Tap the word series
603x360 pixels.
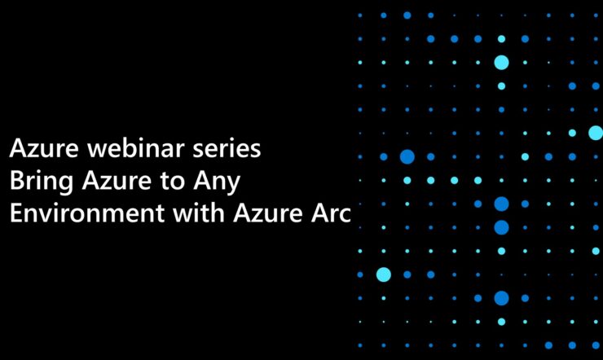point(227,148)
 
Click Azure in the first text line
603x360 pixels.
point(44,148)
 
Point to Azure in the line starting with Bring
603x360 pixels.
point(117,181)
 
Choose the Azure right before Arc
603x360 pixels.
point(268,213)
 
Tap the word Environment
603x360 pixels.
point(87,213)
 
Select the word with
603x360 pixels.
point(199,213)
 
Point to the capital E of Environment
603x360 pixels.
point(16,213)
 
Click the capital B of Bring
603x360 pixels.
point(17,181)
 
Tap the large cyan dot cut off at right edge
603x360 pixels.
point(596,133)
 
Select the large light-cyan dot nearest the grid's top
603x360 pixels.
point(501,62)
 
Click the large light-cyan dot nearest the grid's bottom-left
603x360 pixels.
point(384,274)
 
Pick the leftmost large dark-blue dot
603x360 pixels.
point(407,156)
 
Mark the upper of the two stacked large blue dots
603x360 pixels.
point(501,204)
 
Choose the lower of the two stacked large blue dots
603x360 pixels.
point(501,227)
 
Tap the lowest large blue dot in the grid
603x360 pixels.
point(501,298)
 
